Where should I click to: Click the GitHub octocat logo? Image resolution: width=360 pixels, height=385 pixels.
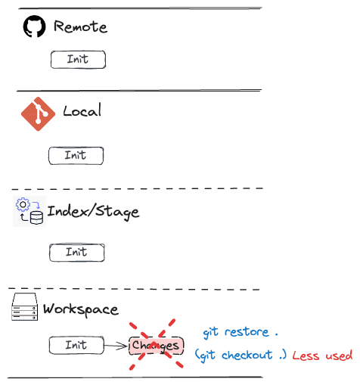tap(34, 26)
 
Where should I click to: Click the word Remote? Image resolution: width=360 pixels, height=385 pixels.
tap(80, 26)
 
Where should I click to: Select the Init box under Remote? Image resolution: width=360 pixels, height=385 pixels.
tap(78, 60)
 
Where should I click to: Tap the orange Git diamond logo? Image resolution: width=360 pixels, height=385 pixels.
tap(38, 114)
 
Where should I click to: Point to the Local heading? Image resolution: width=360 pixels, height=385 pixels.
tap(82, 110)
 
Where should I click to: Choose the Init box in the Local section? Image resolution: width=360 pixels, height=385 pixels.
tap(76, 156)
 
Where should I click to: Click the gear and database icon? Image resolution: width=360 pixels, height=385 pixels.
tap(29, 211)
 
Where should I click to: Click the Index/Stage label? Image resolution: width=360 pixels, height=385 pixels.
tap(93, 212)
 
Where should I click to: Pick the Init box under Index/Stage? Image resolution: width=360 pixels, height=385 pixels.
tap(77, 253)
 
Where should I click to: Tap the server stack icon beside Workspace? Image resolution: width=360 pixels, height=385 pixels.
tap(25, 307)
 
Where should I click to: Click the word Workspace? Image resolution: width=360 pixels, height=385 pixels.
tap(81, 309)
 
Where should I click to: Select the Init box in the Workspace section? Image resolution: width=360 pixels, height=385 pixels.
tap(76, 346)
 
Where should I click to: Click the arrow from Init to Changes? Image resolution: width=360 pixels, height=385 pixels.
tap(116, 346)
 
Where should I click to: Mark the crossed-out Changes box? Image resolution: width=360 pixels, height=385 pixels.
tap(157, 346)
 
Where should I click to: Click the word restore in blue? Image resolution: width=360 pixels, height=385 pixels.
tap(247, 332)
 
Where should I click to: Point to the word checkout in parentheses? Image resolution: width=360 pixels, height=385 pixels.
tap(247, 355)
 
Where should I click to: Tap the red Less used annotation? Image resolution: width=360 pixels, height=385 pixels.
tap(322, 356)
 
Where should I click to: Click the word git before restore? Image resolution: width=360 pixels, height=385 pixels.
tap(210, 333)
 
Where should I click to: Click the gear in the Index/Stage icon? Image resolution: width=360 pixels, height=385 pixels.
tap(23, 204)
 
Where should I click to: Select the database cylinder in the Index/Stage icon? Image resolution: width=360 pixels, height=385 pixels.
tap(36, 218)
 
